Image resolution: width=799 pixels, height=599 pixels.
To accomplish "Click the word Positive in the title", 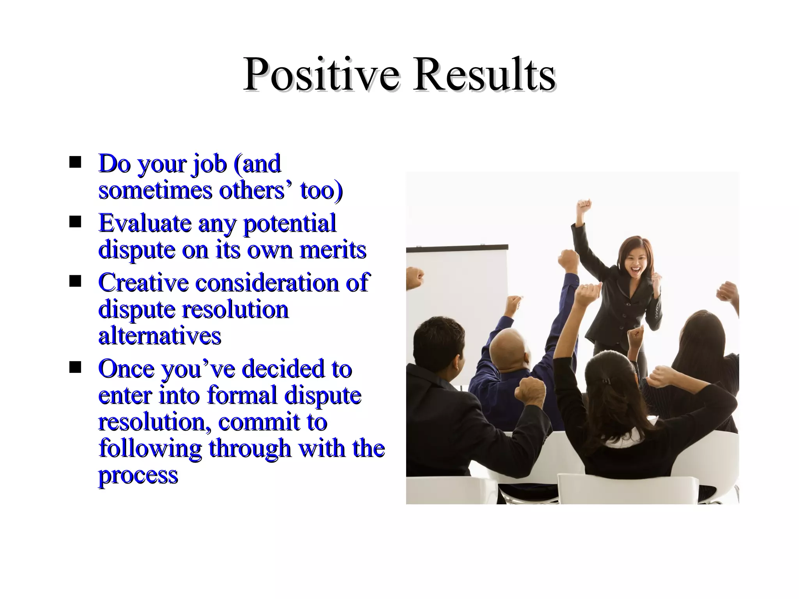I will [x=321, y=74].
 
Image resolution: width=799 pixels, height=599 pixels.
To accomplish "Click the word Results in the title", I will [x=484, y=74].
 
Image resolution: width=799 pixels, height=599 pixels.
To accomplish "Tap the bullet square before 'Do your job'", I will [x=75, y=162].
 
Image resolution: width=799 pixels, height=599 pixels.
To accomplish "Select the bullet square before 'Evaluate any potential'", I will [x=75, y=222].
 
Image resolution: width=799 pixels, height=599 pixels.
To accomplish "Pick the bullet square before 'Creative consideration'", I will [x=75, y=281].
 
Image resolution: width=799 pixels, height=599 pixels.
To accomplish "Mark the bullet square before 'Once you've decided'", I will [x=75, y=367].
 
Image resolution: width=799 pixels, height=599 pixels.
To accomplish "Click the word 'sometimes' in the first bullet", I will [x=155, y=190].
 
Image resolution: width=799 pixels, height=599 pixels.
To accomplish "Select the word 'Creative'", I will [x=143, y=282].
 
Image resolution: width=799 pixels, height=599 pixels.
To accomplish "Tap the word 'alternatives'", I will [x=160, y=336].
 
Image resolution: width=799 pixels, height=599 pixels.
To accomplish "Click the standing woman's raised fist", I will [x=584, y=205].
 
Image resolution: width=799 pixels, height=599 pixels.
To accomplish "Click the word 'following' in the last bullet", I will [x=150, y=448].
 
